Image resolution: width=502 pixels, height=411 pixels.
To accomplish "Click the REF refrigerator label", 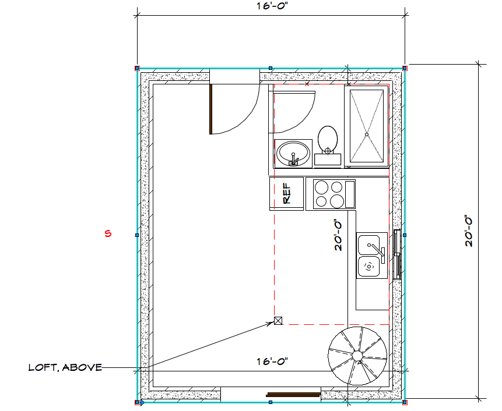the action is coord(287,193).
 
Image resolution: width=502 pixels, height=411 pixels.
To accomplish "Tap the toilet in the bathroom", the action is coord(328,146).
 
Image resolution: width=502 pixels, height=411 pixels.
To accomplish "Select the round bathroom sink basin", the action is coord(294,153).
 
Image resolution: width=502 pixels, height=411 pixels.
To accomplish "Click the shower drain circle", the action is coord(367,134).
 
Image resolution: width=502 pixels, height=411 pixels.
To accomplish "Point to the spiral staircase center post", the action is coord(357,355).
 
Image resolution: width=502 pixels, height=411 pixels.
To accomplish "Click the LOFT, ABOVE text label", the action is coord(65,367).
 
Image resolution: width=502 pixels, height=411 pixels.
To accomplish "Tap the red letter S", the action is coord(108,233).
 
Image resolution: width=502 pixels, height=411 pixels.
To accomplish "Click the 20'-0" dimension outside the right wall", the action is coord(469,232).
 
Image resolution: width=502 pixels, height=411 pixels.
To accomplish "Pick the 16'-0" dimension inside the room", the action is coord(272,362).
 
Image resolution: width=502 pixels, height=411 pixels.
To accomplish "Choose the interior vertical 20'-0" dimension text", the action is coord(338,235).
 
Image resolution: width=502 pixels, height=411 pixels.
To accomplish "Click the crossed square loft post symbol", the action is coord(278,321).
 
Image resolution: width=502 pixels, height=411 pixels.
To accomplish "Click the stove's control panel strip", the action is coord(350,194).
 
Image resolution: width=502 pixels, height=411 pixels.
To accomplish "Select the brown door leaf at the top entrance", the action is coord(211,109).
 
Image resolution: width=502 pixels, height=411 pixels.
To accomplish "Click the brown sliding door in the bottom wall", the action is coord(294,394).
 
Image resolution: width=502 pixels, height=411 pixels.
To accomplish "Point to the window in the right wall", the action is coord(397,254).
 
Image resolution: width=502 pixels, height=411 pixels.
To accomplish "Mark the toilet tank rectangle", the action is coord(328,160).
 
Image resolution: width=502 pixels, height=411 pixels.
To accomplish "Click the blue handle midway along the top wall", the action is coord(271,68).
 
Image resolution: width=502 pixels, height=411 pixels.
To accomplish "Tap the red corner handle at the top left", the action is coord(137,68).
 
